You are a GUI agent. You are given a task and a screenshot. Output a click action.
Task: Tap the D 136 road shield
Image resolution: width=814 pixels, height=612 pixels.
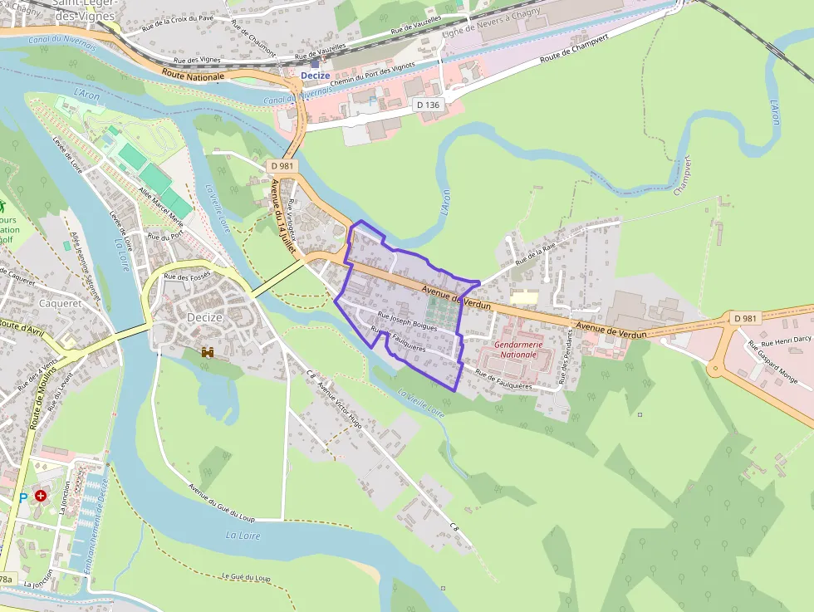pyautogui.click(x=428, y=105)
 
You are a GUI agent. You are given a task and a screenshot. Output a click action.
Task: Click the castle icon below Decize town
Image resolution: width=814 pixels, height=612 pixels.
pyautogui.click(x=207, y=352)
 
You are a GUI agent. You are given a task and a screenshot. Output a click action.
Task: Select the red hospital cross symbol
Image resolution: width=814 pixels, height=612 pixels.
pyautogui.click(x=40, y=495)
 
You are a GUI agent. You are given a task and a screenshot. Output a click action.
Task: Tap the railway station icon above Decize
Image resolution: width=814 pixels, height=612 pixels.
pyautogui.click(x=315, y=62)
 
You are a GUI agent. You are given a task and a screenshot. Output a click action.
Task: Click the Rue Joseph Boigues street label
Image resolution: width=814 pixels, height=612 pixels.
pyautogui.click(x=407, y=321)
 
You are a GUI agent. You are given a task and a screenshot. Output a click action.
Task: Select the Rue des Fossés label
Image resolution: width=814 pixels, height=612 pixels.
pyautogui.click(x=187, y=277)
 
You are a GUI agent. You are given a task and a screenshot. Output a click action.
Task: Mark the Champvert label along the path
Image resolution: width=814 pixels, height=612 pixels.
pyautogui.click(x=684, y=175)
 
